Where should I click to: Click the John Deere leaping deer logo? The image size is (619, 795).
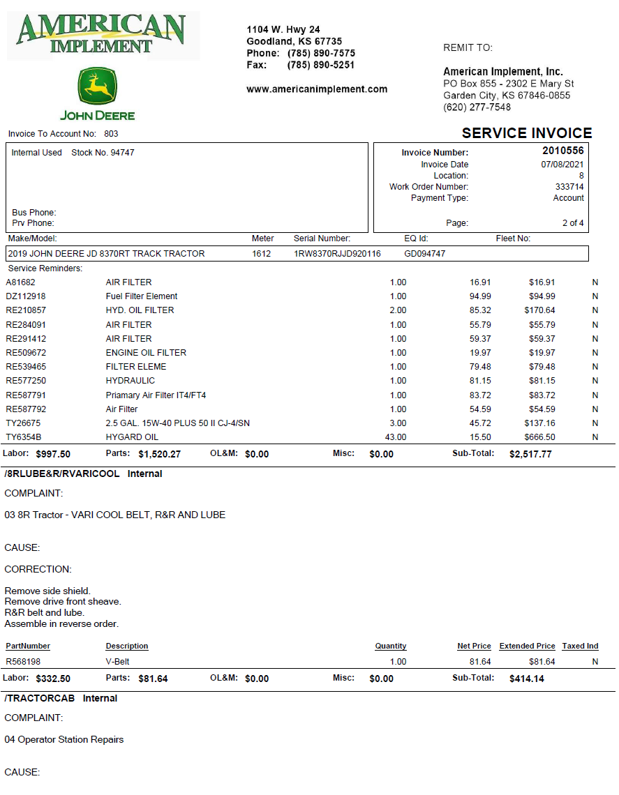(x=97, y=87)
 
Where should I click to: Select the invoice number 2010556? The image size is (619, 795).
(x=562, y=151)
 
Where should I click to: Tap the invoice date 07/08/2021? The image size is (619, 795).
(x=562, y=165)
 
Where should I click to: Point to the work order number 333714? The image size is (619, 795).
(x=569, y=187)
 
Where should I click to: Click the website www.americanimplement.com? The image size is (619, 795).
(x=317, y=89)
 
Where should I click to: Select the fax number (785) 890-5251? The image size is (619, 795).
(x=320, y=65)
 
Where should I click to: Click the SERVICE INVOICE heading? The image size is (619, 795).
(x=526, y=133)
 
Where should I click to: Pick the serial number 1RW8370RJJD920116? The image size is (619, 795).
(x=337, y=254)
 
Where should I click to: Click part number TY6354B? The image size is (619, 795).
(x=24, y=437)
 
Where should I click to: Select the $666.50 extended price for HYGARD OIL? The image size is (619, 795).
(x=539, y=437)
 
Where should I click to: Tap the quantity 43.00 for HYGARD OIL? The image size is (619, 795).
(x=395, y=437)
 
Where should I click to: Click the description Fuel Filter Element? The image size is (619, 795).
(x=142, y=296)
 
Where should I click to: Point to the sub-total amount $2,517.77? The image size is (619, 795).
(x=530, y=454)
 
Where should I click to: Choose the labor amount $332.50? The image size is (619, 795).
(x=53, y=679)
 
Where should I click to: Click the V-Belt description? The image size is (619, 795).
(x=117, y=662)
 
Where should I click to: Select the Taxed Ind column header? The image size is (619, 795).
(x=580, y=646)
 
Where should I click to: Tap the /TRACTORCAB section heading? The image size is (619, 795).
(x=41, y=698)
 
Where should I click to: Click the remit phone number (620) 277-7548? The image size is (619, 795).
(x=477, y=107)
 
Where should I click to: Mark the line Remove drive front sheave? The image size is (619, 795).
(x=63, y=602)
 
